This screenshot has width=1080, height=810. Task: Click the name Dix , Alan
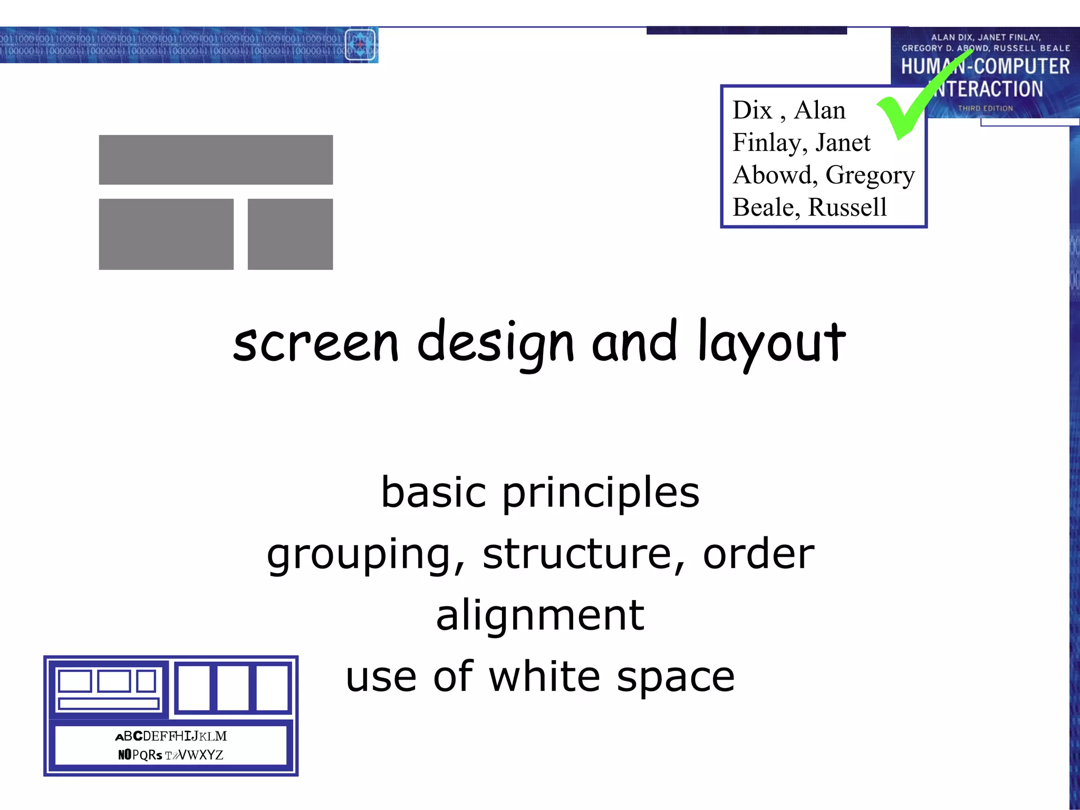(789, 110)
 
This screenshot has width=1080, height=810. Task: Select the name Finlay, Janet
(801, 142)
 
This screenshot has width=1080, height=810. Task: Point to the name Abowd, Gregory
(823, 175)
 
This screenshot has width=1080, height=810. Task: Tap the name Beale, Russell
(809, 207)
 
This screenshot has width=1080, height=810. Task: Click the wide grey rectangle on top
(216, 160)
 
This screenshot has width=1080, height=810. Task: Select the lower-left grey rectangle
(166, 234)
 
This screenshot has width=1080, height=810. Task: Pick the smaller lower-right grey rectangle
(290, 234)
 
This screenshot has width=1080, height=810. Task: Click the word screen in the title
(316, 343)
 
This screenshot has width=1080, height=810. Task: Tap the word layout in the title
(772, 343)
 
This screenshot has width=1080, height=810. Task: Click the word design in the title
(495, 343)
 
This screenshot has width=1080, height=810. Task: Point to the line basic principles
(540, 492)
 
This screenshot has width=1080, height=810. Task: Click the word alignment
(540, 615)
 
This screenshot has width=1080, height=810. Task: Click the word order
(758, 555)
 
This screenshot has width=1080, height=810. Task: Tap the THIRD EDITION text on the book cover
(985, 108)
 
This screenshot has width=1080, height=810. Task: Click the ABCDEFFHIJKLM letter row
(171, 736)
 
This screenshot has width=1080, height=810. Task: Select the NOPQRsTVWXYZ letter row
(171, 755)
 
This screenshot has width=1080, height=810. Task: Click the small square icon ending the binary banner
(361, 45)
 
